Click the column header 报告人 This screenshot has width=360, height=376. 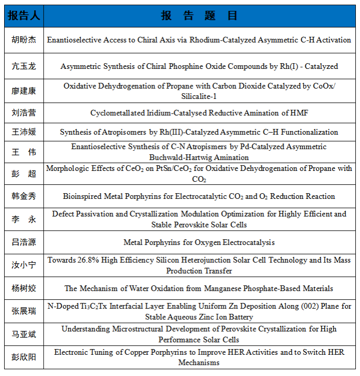[23, 16]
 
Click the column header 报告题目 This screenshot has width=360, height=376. [199, 16]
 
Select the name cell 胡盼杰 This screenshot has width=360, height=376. [24, 40]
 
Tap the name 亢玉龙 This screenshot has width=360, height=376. [24, 66]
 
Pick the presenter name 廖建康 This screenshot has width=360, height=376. [24, 91]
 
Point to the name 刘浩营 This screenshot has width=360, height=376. [24, 112]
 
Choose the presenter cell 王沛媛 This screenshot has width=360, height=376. [24, 132]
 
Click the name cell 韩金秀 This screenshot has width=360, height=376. [24, 196]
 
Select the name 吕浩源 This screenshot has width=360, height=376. [24, 242]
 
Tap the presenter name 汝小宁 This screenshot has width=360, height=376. [24, 265]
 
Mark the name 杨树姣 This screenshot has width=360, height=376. [24, 288]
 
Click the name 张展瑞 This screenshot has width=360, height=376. [24, 311]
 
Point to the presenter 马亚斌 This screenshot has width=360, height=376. [24, 334]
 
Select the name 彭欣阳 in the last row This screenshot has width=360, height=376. [24, 357]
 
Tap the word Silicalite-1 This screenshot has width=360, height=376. [199, 96]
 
